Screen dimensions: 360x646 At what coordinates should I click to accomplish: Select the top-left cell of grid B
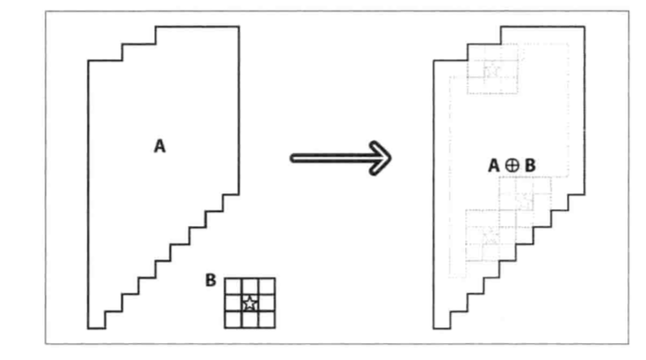[x=233, y=286]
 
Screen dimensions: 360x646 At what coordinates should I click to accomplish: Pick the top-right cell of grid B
[x=267, y=286]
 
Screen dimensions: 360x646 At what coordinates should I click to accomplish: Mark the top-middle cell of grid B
[x=250, y=286]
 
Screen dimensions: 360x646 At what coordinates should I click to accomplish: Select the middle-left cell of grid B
[x=233, y=303]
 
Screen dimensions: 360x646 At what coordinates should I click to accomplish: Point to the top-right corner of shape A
[x=239, y=27]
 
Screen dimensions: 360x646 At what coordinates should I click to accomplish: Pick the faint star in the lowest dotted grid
[x=485, y=233]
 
